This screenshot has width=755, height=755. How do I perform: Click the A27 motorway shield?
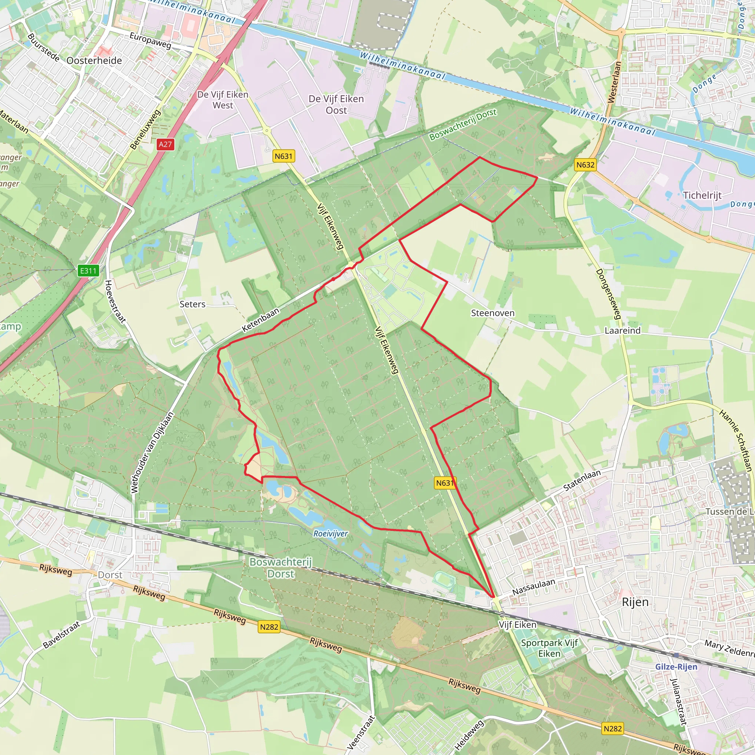[165, 144]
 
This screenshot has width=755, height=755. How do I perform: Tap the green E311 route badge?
[88, 271]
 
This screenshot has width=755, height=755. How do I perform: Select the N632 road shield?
[585, 165]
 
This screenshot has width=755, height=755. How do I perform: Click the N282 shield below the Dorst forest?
[269, 627]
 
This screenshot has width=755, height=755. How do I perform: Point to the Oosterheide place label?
[94, 60]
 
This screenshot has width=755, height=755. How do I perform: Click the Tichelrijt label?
[702, 195]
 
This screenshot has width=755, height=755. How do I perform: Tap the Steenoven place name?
[493, 313]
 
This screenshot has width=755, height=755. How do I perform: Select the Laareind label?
[623, 331]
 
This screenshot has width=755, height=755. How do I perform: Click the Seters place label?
[192, 304]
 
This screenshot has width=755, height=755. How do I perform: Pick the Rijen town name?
[635, 602]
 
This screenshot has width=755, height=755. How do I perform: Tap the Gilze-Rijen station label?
[676, 667]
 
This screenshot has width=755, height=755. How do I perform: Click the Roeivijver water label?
[330, 533]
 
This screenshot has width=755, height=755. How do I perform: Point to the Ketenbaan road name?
[261, 320]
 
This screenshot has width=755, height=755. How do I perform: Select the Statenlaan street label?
[581, 481]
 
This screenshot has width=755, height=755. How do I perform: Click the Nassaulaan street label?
[533, 587]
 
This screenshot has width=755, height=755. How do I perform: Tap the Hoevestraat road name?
[115, 301]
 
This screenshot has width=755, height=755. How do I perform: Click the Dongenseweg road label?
[608, 294]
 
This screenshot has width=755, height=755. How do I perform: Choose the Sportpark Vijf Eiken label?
[549, 648]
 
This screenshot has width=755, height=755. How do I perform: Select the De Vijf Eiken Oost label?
[336, 105]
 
